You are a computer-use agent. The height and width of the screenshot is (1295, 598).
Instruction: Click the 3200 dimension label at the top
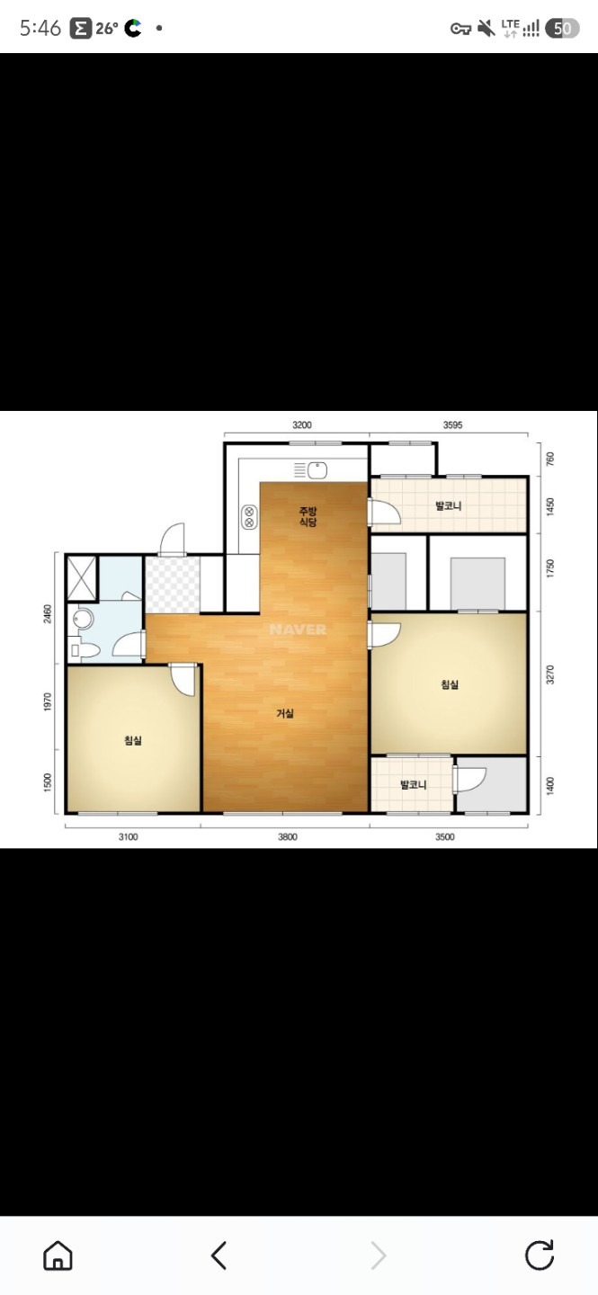click(x=302, y=424)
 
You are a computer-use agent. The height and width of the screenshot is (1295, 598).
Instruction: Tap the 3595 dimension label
click(x=453, y=424)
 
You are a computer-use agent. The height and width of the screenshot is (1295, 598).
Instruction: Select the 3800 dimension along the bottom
click(x=288, y=836)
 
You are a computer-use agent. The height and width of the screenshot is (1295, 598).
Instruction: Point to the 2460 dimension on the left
click(x=48, y=613)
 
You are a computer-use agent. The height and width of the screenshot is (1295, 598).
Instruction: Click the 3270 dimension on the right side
click(x=550, y=674)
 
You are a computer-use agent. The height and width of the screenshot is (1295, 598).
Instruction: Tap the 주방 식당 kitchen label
click(x=308, y=517)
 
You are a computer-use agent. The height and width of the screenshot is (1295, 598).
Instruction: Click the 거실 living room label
click(x=285, y=713)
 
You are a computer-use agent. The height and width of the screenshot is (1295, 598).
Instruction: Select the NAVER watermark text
click(x=298, y=629)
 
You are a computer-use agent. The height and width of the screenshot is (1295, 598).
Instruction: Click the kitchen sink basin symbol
click(x=317, y=470)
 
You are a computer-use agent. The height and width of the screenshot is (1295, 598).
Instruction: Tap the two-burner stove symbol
click(x=249, y=517)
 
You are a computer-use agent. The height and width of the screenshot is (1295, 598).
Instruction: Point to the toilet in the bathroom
click(x=85, y=649)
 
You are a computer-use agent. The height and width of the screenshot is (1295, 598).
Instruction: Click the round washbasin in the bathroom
click(x=84, y=619)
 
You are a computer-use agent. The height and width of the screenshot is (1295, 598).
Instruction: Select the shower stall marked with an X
click(x=82, y=578)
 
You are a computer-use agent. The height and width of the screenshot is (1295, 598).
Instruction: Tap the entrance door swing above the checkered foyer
click(x=173, y=539)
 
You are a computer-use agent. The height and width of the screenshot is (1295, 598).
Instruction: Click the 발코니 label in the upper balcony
click(x=448, y=505)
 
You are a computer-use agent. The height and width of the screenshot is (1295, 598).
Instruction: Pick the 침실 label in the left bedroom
click(x=133, y=740)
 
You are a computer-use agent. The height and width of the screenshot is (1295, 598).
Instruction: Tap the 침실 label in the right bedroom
click(x=450, y=684)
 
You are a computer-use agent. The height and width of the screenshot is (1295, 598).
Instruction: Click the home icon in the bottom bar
click(x=58, y=1255)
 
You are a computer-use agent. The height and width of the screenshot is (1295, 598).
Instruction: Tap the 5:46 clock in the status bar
click(x=40, y=28)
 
